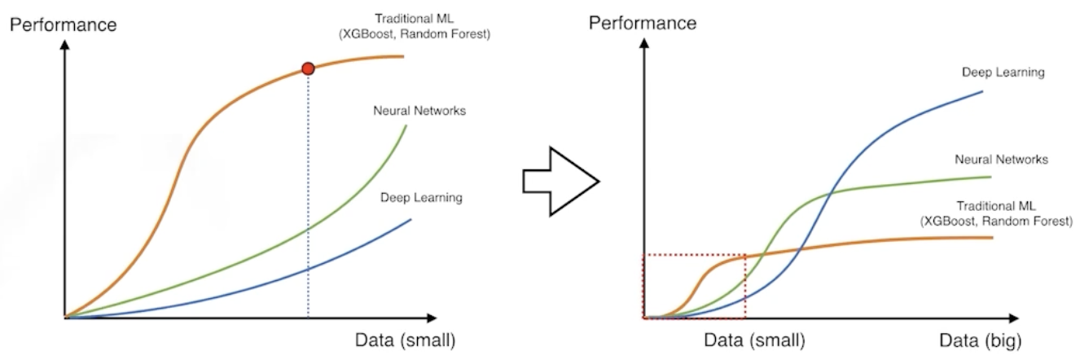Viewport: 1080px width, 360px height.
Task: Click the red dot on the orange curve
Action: pos(308,68)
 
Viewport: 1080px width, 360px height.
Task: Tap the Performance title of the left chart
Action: pos(64,24)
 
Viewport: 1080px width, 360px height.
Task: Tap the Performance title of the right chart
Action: pos(642,23)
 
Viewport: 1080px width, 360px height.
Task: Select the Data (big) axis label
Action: pos(980,340)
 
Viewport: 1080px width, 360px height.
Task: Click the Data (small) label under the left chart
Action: pos(405,340)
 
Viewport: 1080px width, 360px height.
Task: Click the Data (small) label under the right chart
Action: pos(754,340)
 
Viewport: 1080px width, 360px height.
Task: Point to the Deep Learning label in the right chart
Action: pos(1003,72)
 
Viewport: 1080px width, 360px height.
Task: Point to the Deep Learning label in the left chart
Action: pos(421,198)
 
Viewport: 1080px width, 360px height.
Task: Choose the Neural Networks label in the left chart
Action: pos(419,111)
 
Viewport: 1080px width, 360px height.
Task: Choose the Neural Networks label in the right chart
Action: pos(1002,160)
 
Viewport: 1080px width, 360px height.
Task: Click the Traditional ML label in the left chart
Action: pos(414,19)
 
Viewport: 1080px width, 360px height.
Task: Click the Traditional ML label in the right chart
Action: pos(996,206)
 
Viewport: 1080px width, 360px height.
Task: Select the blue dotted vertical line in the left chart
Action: pos(308,196)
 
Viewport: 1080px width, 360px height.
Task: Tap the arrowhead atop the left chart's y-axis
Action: pos(64,45)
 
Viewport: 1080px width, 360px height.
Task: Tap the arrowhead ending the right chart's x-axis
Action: pos(1013,318)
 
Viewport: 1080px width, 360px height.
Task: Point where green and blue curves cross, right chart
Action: pos(829,194)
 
